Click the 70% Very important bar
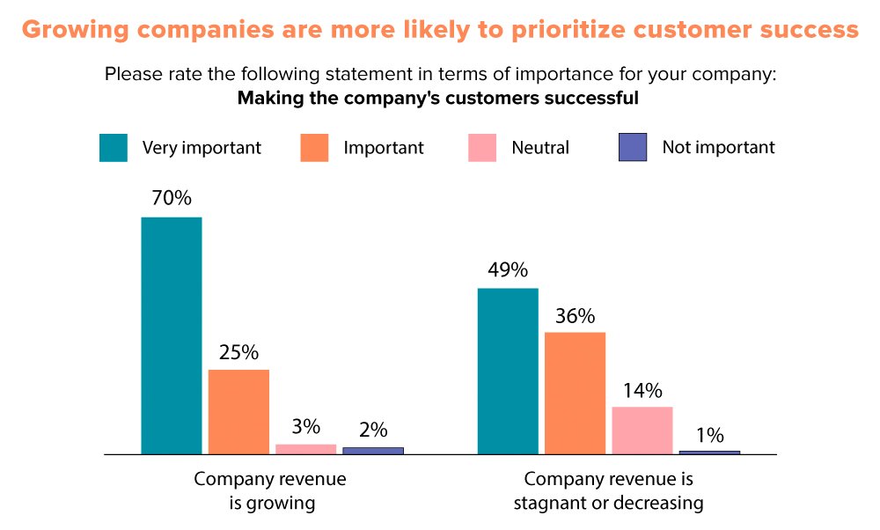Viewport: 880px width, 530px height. click(172, 335)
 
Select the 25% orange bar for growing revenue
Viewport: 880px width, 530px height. click(238, 411)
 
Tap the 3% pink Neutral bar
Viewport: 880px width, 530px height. click(305, 449)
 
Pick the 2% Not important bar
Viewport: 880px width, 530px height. click(373, 451)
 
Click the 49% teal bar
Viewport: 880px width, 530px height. click(508, 371)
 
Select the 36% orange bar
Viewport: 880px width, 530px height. click(575, 393)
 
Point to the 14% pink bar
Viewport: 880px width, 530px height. click(642, 431)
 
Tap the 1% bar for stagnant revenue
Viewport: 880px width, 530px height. click(709, 453)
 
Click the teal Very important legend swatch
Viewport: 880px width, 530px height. click(114, 148)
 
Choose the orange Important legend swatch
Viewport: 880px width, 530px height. click(314, 148)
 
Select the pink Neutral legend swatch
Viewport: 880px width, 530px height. click(481, 148)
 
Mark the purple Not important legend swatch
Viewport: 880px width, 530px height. click(633, 148)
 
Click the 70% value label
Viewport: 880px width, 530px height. click(171, 199)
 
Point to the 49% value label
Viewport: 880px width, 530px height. click(507, 269)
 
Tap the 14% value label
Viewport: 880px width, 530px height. click(642, 390)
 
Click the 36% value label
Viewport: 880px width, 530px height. click(575, 315)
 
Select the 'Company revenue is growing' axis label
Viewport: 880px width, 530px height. click(269, 491)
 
